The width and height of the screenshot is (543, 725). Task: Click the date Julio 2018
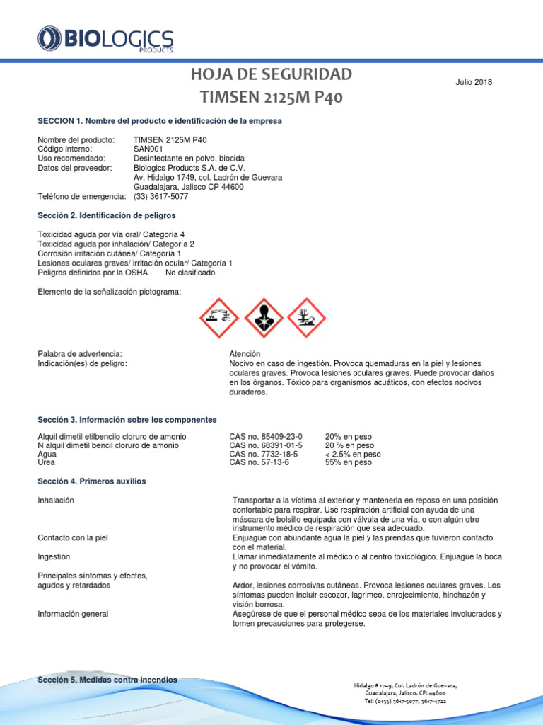click(473, 82)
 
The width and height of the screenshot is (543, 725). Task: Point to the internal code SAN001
click(148, 149)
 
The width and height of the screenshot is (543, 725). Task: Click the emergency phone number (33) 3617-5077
click(160, 196)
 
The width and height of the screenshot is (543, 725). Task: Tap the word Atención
click(245, 353)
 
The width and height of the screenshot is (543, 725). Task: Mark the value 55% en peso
click(348, 462)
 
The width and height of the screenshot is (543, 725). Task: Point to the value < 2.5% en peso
click(352, 454)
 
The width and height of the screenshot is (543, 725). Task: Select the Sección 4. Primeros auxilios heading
click(91, 481)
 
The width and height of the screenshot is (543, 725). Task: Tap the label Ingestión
click(55, 557)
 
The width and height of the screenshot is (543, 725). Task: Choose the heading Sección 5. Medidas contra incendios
click(107, 680)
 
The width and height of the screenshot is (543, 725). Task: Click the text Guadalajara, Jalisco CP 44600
click(188, 187)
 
